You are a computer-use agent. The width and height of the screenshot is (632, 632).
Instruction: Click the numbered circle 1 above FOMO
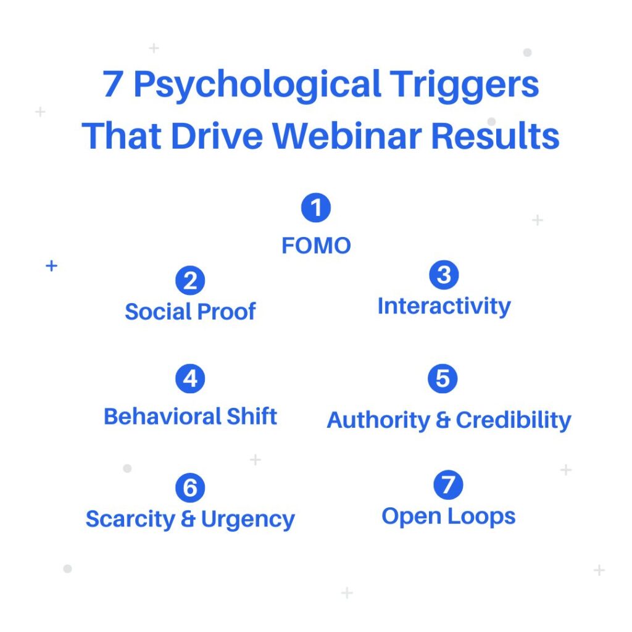pos(316,207)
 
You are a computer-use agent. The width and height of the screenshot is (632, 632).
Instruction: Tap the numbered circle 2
pos(190,281)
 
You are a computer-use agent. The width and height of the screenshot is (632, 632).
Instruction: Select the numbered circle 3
pos(444,275)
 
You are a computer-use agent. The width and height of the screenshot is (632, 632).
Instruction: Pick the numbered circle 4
pos(190,378)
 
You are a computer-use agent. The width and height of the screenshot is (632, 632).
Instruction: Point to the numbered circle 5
pos(443,378)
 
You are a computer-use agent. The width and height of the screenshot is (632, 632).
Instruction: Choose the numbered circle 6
pos(190,488)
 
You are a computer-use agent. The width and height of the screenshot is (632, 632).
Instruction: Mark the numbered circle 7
pos(448,484)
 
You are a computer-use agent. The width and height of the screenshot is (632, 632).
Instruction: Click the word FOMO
pos(316,246)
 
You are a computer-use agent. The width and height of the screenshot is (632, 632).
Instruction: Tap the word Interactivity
pos(444,307)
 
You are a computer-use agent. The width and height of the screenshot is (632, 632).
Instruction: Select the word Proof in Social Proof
pos(226,312)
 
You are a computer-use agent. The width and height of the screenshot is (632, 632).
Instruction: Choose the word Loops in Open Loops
pos(481,517)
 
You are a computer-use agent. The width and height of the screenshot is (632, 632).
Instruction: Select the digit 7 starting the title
pos(112,84)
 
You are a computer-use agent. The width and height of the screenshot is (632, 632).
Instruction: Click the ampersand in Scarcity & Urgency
pos(188,519)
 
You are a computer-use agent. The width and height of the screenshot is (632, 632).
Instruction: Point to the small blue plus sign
pos(52,266)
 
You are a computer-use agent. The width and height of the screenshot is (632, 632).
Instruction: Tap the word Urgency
pos(248,520)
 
